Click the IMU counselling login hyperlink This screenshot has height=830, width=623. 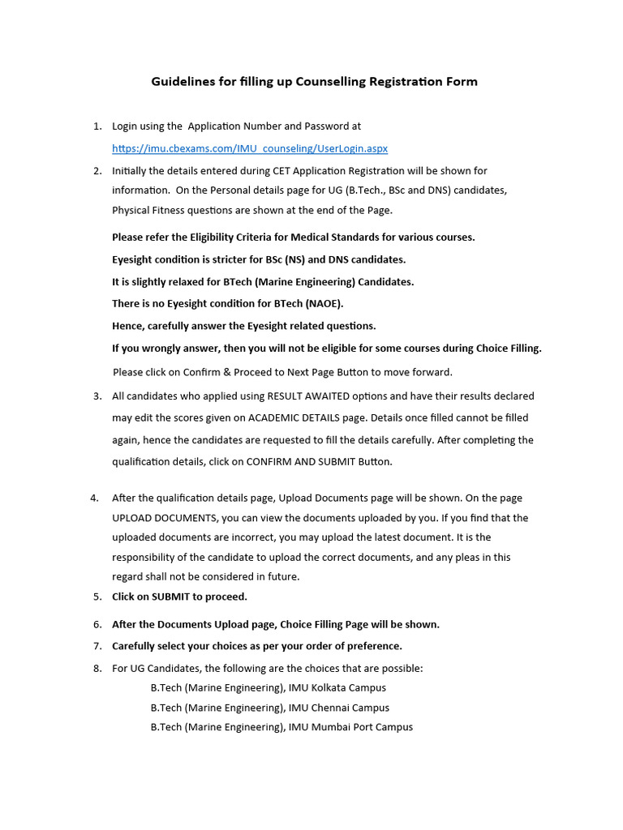(250, 148)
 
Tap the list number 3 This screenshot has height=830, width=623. (97, 396)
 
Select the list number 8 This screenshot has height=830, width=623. (97, 669)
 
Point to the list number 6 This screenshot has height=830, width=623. (97, 625)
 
